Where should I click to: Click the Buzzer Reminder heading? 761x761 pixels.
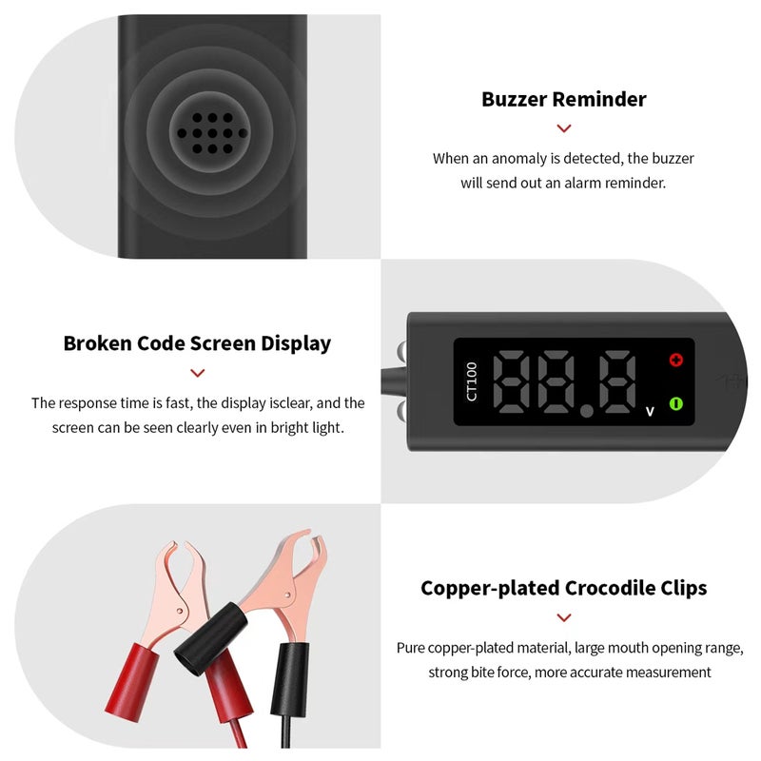click(564, 99)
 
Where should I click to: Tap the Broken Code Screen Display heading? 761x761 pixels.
click(197, 343)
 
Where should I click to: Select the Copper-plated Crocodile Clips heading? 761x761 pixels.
click(564, 588)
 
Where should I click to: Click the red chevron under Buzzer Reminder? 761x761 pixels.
click(564, 128)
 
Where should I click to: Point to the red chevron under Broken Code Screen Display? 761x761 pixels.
click(197, 374)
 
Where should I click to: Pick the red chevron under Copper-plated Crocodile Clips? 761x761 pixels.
click(564, 617)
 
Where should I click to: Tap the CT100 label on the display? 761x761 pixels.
click(473, 380)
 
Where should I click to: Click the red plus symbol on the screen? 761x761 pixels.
click(676, 361)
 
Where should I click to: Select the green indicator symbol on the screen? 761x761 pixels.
click(676, 403)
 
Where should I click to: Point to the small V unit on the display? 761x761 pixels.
click(650, 411)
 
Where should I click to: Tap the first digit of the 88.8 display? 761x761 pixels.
click(517, 380)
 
